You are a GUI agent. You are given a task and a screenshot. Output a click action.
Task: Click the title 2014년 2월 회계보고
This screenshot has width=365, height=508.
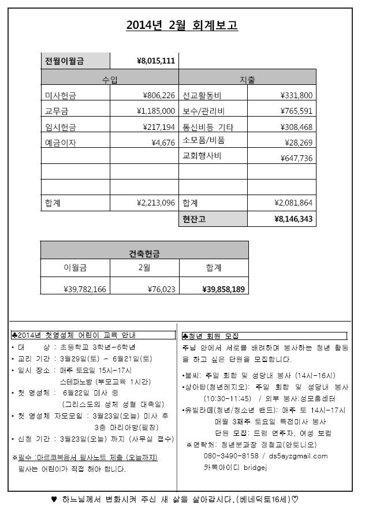182,26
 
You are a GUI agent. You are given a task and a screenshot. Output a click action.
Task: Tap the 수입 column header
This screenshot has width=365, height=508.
110,78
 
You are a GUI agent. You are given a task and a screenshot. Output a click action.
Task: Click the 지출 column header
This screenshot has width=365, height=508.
247,78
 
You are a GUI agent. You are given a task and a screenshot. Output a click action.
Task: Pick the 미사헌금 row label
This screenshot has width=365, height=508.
60,95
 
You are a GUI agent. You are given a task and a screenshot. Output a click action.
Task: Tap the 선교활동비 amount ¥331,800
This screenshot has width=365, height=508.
297,95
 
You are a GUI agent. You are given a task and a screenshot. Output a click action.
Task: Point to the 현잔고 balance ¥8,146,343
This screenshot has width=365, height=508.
294,219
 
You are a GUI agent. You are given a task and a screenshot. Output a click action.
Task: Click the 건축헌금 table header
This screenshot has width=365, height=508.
144,253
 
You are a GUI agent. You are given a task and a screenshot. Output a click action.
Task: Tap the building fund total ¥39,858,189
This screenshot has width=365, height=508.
224,289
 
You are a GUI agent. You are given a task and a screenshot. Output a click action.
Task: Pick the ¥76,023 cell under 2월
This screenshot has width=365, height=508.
161,289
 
